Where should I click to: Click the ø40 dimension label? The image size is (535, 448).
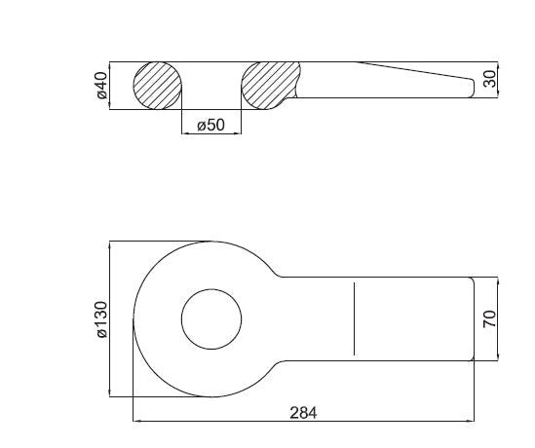click(x=102, y=86)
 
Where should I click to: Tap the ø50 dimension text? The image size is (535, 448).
click(x=211, y=125)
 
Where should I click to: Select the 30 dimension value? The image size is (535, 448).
click(x=490, y=79)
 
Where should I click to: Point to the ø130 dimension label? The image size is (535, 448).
click(x=102, y=319)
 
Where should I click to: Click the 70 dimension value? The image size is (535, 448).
click(x=490, y=318)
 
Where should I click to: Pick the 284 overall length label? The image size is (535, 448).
click(x=303, y=413)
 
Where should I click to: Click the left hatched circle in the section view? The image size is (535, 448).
click(x=157, y=86)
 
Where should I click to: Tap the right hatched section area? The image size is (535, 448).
click(x=270, y=86)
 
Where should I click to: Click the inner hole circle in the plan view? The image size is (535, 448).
click(x=181, y=319)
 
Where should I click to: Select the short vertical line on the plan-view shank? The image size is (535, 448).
click(x=354, y=318)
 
